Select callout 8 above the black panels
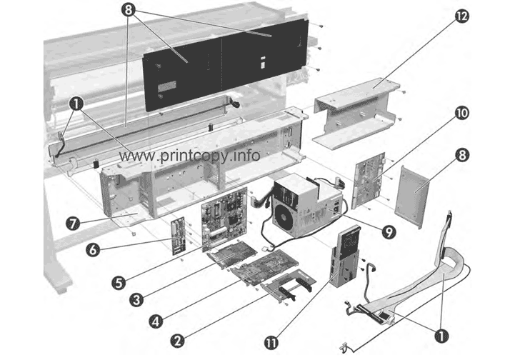click(x=129, y=11)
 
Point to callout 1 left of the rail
click(x=74, y=102)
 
